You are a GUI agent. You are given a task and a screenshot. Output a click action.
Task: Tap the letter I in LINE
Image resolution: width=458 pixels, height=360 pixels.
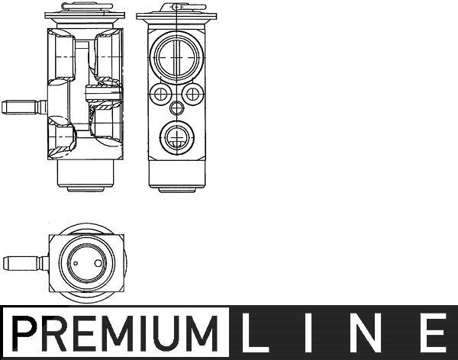pos(308,333)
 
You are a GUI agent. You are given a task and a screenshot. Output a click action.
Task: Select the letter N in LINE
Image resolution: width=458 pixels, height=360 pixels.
pos(366,333)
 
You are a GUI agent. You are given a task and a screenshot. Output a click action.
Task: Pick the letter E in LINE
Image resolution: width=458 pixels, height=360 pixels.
pos(433,333)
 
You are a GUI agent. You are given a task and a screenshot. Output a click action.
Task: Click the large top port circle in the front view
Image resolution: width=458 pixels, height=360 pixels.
pos(176,58)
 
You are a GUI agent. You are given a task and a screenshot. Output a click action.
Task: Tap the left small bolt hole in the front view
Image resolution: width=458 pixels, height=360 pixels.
pos(160,94)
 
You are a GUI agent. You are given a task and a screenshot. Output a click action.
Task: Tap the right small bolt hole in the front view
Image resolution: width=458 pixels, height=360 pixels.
pos(192,94)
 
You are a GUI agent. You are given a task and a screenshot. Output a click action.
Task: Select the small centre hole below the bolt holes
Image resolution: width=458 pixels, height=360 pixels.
pos(176,108)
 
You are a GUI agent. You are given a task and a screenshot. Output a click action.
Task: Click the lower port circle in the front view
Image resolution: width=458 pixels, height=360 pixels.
pos(177,137)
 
